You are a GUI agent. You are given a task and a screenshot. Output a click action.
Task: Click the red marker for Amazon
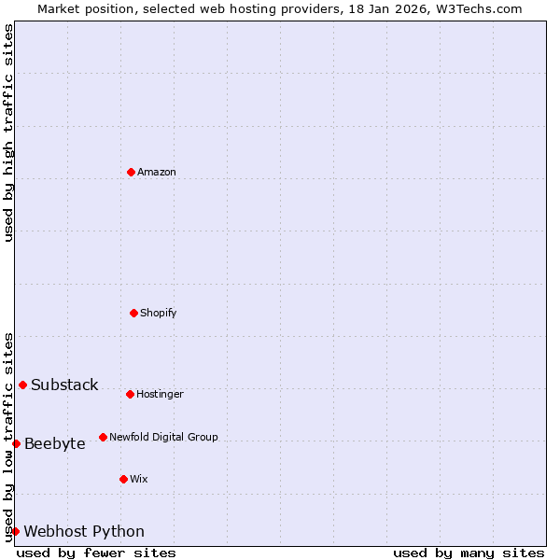(131, 172)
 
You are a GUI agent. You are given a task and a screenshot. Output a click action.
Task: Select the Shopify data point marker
(133, 313)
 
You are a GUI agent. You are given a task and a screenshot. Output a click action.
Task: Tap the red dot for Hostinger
(130, 394)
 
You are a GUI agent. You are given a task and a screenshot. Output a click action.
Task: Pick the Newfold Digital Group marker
(103, 437)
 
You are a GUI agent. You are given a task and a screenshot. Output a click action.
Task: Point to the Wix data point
(123, 479)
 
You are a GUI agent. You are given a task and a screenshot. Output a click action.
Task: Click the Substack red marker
(22, 385)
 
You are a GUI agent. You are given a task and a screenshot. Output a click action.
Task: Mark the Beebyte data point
(16, 443)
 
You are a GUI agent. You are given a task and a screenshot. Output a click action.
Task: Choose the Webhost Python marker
(15, 531)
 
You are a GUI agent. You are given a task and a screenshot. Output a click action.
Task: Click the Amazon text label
(157, 173)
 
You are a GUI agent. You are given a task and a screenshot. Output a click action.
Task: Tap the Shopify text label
(159, 314)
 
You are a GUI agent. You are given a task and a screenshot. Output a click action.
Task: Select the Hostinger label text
(160, 395)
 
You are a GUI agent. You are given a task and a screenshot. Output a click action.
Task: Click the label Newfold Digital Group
(163, 438)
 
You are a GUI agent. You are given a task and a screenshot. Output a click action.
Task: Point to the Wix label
(139, 480)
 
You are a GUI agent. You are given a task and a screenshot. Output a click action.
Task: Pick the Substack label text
(64, 385)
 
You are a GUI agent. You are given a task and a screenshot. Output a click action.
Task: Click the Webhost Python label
(84, 532)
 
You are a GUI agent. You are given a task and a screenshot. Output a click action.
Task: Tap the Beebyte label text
(55, 444)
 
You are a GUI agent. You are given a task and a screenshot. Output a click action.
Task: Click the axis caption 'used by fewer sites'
(96, 553)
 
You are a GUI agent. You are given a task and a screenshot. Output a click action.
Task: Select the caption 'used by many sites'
(469, 553)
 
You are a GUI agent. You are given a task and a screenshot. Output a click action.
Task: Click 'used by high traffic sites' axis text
(8, 133)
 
